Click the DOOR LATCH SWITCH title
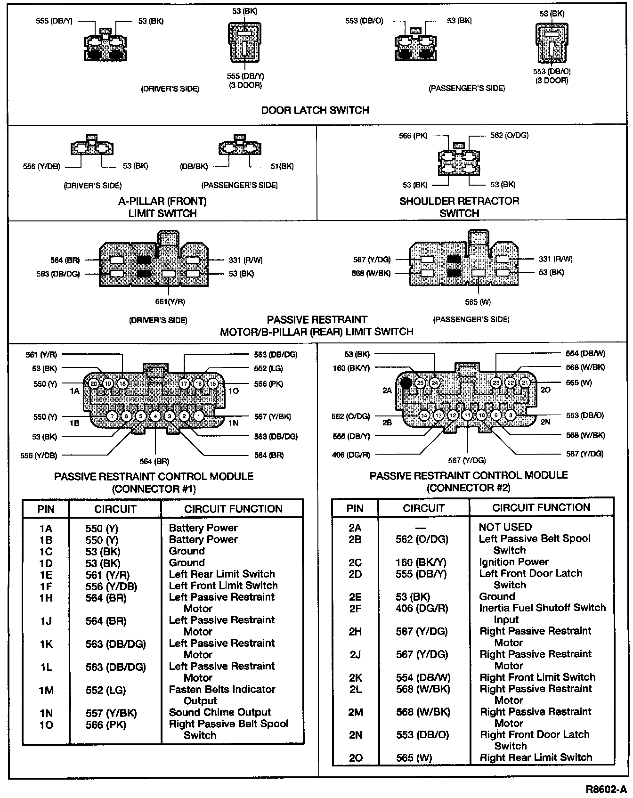pyautogui.click(x=315, y=110)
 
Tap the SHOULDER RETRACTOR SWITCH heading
pyautogui.click(x=459, y=207)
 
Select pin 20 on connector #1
pyautogui.click(x=94, y=383)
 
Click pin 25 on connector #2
pyautogui.click(x=420, y=383)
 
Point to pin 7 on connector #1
pyautogui.click(x=112, y=416)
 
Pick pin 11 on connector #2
pyautogui.click(x=467, y=415)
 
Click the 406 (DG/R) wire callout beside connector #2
pyautogui.click(x=351, y=455)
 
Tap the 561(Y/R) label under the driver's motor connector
pyautogui.click(x=170, y=301)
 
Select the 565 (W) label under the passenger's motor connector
pyautogui.click(x=478, y=302)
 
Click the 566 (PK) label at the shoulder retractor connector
pyautogui.click(x=413, y=136)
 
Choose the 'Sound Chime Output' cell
pyautogui.click(x=219, y=712)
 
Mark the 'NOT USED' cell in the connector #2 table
pyautogui.click(x=505, y=527)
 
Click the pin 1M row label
pyautogui.click(x=46, y=691)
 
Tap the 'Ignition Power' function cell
pyautogui.click(x=513, y=562)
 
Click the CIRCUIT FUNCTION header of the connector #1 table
pyautogui.click(x=233, y=509)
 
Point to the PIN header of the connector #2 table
pyautogui.click(x=355, y=508)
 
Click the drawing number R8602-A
pyautogui.click(x=607, y=789)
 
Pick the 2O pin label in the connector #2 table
pyautogui.click(x=355, y=758)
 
